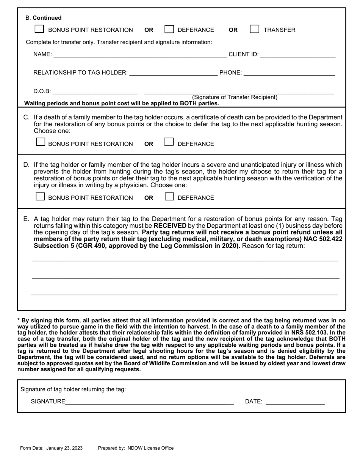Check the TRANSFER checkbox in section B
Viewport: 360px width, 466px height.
[x=255, y=29]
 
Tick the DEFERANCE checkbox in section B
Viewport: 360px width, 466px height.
[x=169, y=29]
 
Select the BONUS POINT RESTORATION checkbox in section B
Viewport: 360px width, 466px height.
[x=39, y=29]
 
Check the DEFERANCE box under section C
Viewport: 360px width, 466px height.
[x=169, y=142]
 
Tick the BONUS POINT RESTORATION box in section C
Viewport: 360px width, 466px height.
[x=40, y=142]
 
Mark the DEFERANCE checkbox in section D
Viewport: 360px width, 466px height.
[x=169, y=197]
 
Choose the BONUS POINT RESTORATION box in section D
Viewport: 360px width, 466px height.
[x=40, y=197]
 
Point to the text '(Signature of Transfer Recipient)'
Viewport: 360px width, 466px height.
[x=235, y=97]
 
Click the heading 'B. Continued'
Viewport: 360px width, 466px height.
[x=43, y=18]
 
